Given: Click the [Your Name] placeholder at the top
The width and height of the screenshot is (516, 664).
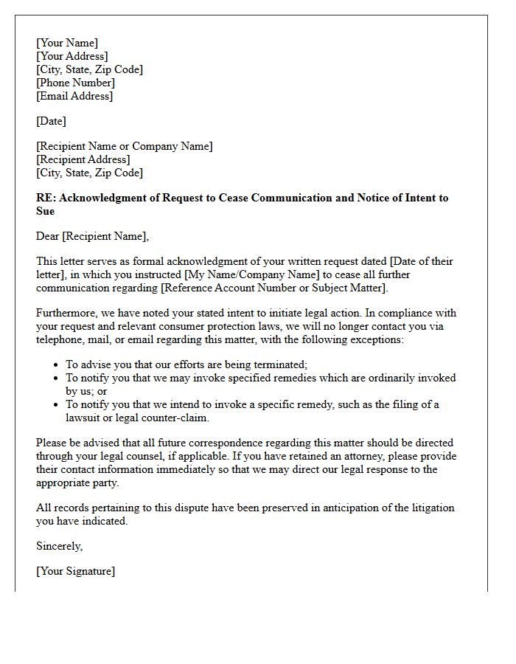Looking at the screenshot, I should tap(67, 43).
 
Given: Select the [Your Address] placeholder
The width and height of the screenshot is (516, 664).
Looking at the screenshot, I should tap(72, 56).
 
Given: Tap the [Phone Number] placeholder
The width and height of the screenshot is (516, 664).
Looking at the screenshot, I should tap(76, 83).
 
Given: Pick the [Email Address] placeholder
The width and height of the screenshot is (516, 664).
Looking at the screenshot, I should tap(74, 96).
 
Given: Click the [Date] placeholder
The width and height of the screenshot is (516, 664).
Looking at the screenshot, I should tap(52, 121).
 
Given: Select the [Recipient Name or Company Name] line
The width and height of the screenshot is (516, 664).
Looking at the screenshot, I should tap(125, 146).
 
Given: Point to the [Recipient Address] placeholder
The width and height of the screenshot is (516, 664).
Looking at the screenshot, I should tap(83, 159).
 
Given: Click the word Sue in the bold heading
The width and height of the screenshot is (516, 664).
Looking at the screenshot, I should tap(46, 211).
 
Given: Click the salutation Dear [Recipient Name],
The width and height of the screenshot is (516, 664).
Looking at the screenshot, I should tap(92, 236).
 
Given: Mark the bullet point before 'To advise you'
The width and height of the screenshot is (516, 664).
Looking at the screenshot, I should tap(57, 364).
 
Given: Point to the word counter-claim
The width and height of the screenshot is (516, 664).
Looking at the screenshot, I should tap(175, 418).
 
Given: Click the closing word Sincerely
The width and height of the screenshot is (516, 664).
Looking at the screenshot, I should tap(59, 546).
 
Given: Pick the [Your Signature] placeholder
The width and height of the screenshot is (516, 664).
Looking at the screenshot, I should tap(76, 571).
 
